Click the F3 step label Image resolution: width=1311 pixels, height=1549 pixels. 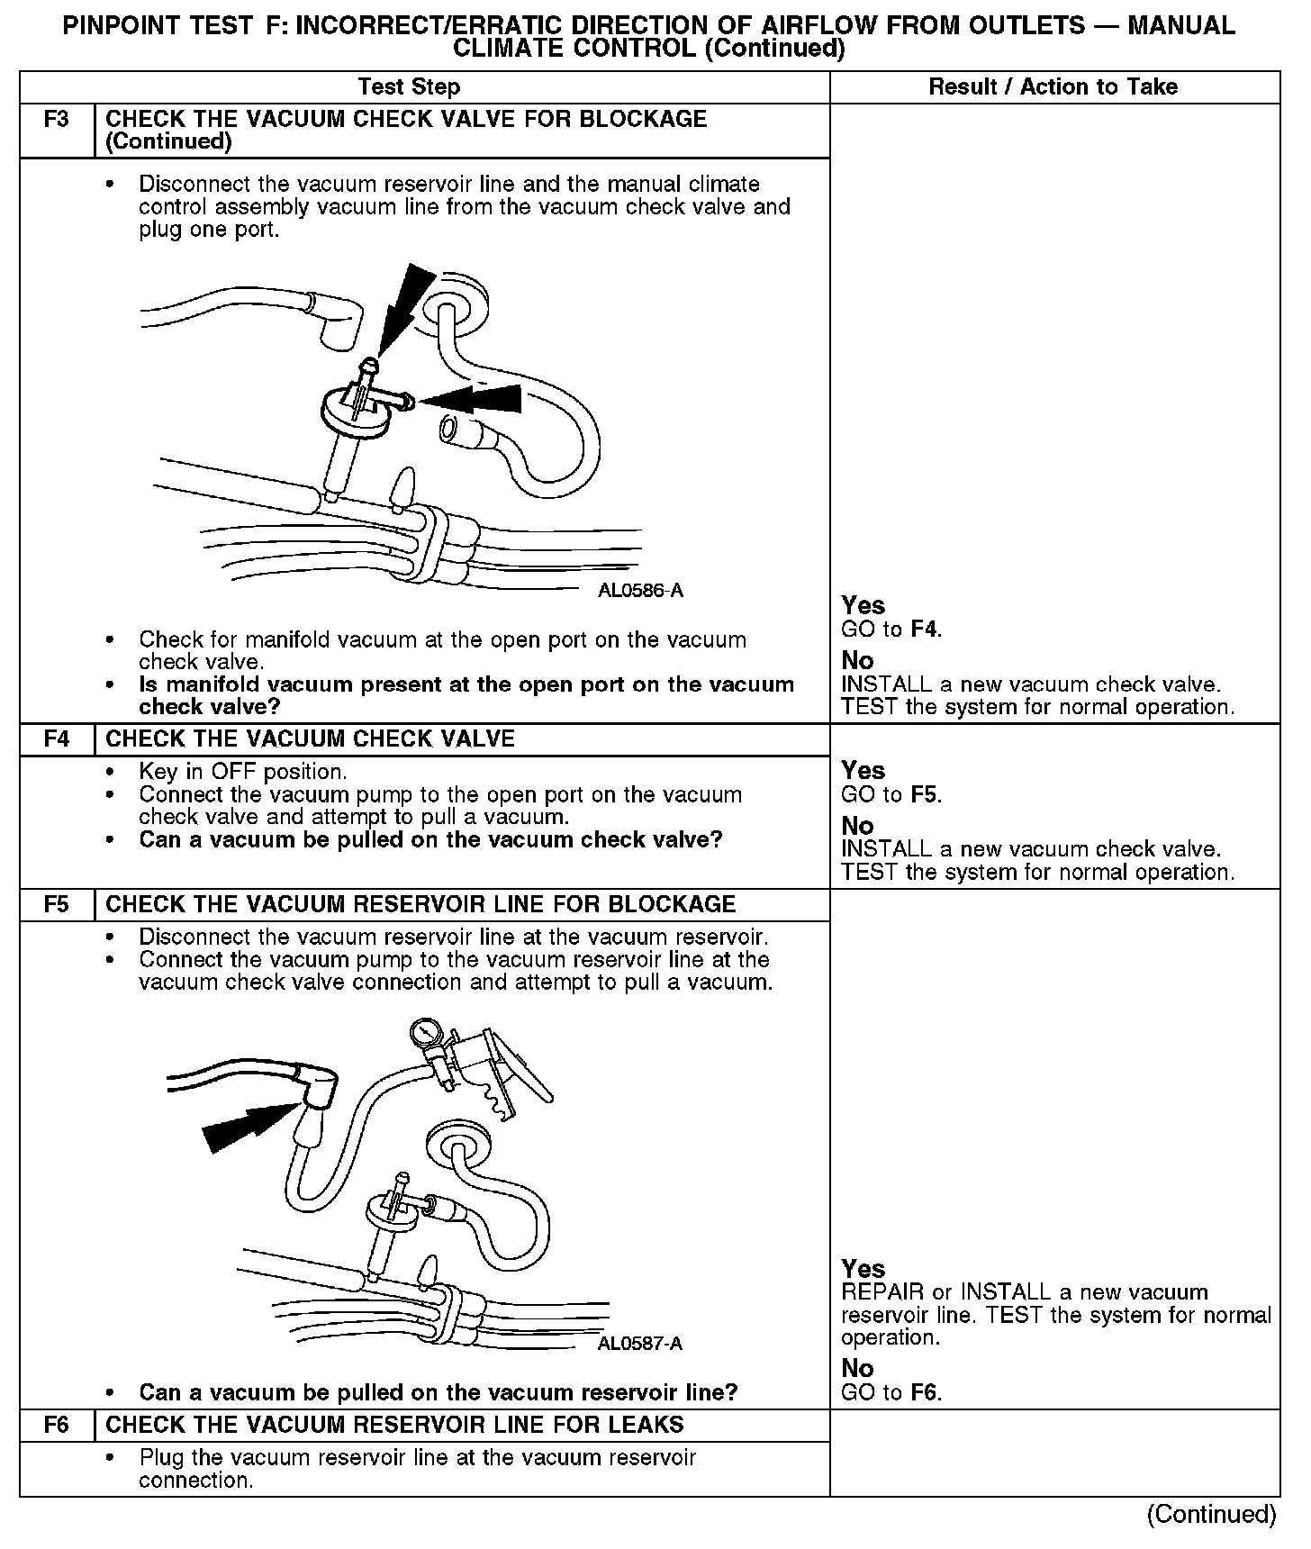pos(56,120)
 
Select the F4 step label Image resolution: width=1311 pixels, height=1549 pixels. pos(56,739)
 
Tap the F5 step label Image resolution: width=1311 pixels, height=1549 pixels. pos(56,904)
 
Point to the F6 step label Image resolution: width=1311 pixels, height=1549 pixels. pos(56,1425)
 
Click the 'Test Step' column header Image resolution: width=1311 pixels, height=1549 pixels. pos(409,87)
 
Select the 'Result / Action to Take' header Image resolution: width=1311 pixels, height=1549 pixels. pos(1053,87)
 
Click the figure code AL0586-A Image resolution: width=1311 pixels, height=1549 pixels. pos(640,591)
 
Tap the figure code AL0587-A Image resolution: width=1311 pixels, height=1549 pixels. pos(639,1344)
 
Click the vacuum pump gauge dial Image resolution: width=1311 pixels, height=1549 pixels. pos(423,1032)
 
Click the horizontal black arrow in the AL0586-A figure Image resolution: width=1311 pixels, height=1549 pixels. pos(473,398)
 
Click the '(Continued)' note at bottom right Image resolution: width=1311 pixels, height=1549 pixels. pos(1211,1515)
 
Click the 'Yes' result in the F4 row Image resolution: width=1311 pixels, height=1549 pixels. pos(863,771)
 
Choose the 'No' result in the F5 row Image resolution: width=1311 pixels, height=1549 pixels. pos(857,1369)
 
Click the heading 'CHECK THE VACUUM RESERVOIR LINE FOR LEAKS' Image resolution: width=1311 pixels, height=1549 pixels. pos(394,1425)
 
